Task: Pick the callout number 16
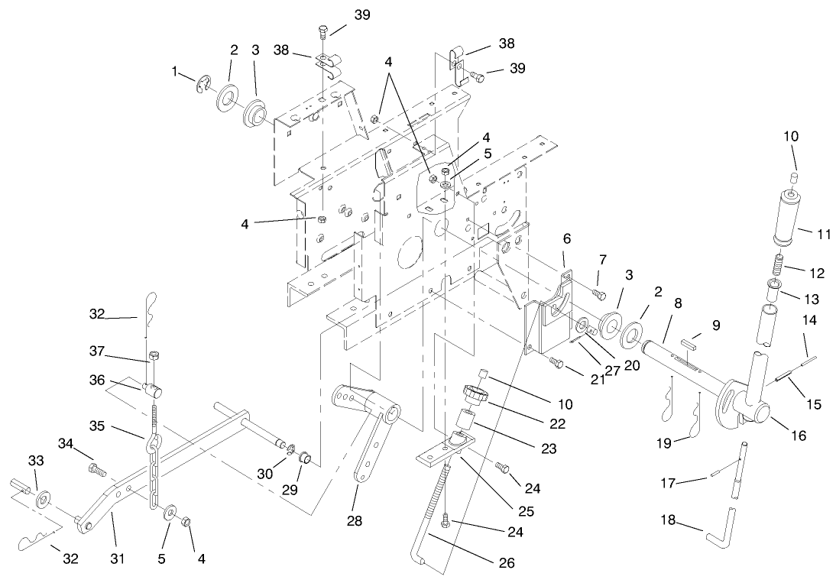click(x=799, y=436)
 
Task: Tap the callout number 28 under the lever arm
click(x=354, y=520)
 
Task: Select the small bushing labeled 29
click(x=303, y=458)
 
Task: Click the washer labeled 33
click(x=43, y=498)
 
